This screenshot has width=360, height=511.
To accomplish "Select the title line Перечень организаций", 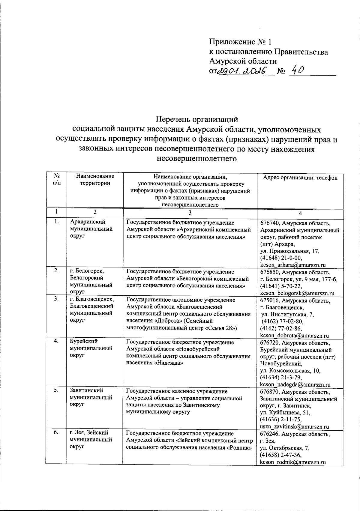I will click(x=197, y=119).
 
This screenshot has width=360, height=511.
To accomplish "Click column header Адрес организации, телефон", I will click(x=300, y=178).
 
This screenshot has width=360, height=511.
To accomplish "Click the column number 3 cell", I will click(x=190, y=213).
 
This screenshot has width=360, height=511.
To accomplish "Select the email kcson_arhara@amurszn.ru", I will click(x=293, y=265).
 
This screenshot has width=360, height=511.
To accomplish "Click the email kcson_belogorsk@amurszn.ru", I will click(x=297, y=293).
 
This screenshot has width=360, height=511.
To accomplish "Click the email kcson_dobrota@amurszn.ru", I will click(x=294, y=336).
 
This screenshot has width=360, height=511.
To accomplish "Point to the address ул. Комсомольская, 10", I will click(x=290, y=370).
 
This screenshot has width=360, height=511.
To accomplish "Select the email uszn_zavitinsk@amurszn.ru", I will click(x=294, y=426).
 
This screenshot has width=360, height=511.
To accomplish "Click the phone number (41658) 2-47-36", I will click(x=281, y=455).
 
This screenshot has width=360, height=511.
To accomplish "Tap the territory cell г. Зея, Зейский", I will click(x=89, y=432).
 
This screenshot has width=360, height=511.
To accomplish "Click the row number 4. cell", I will click(x=56, y=341).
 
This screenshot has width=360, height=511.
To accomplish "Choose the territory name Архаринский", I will click(x=88, y=222).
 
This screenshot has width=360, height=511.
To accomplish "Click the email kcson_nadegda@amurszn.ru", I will click(x=295, y=384).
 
